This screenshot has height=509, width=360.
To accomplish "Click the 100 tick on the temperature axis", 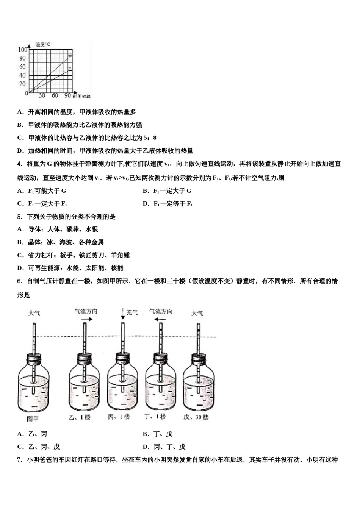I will [x=22, y=50].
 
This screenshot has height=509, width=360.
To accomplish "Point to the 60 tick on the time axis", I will [x=55, y=96].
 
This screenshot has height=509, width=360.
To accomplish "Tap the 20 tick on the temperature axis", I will [x=23, y=84].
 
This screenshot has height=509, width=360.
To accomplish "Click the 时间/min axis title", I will [x=82, y=97].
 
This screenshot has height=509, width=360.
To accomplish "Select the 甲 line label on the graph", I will [x=70, y=56].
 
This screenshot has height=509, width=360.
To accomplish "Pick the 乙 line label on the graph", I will [x=70, y=69].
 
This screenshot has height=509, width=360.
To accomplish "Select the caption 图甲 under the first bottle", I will [x=33, y=418].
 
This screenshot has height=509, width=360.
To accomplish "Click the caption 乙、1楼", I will [x=80, y=417].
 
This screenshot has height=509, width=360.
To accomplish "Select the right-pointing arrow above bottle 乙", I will [x=86, y=319].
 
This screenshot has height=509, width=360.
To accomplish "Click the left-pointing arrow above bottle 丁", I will [x=161, y=319].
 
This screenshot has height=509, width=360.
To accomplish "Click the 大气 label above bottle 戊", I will [x=197, y=313].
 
